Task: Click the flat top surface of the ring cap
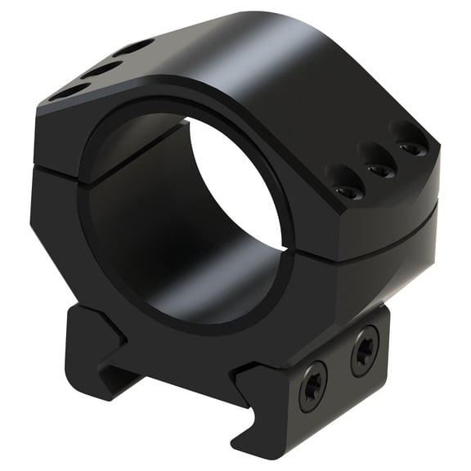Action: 270,65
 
